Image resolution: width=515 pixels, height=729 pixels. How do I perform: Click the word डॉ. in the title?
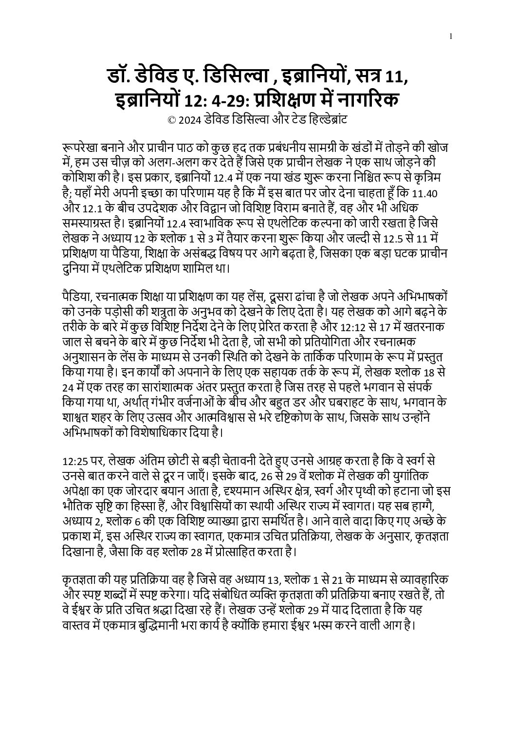pyautogui.click(x=121, y=77)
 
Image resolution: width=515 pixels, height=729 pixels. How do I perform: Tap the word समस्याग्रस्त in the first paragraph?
pyautogui.click(x=91, y=224)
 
